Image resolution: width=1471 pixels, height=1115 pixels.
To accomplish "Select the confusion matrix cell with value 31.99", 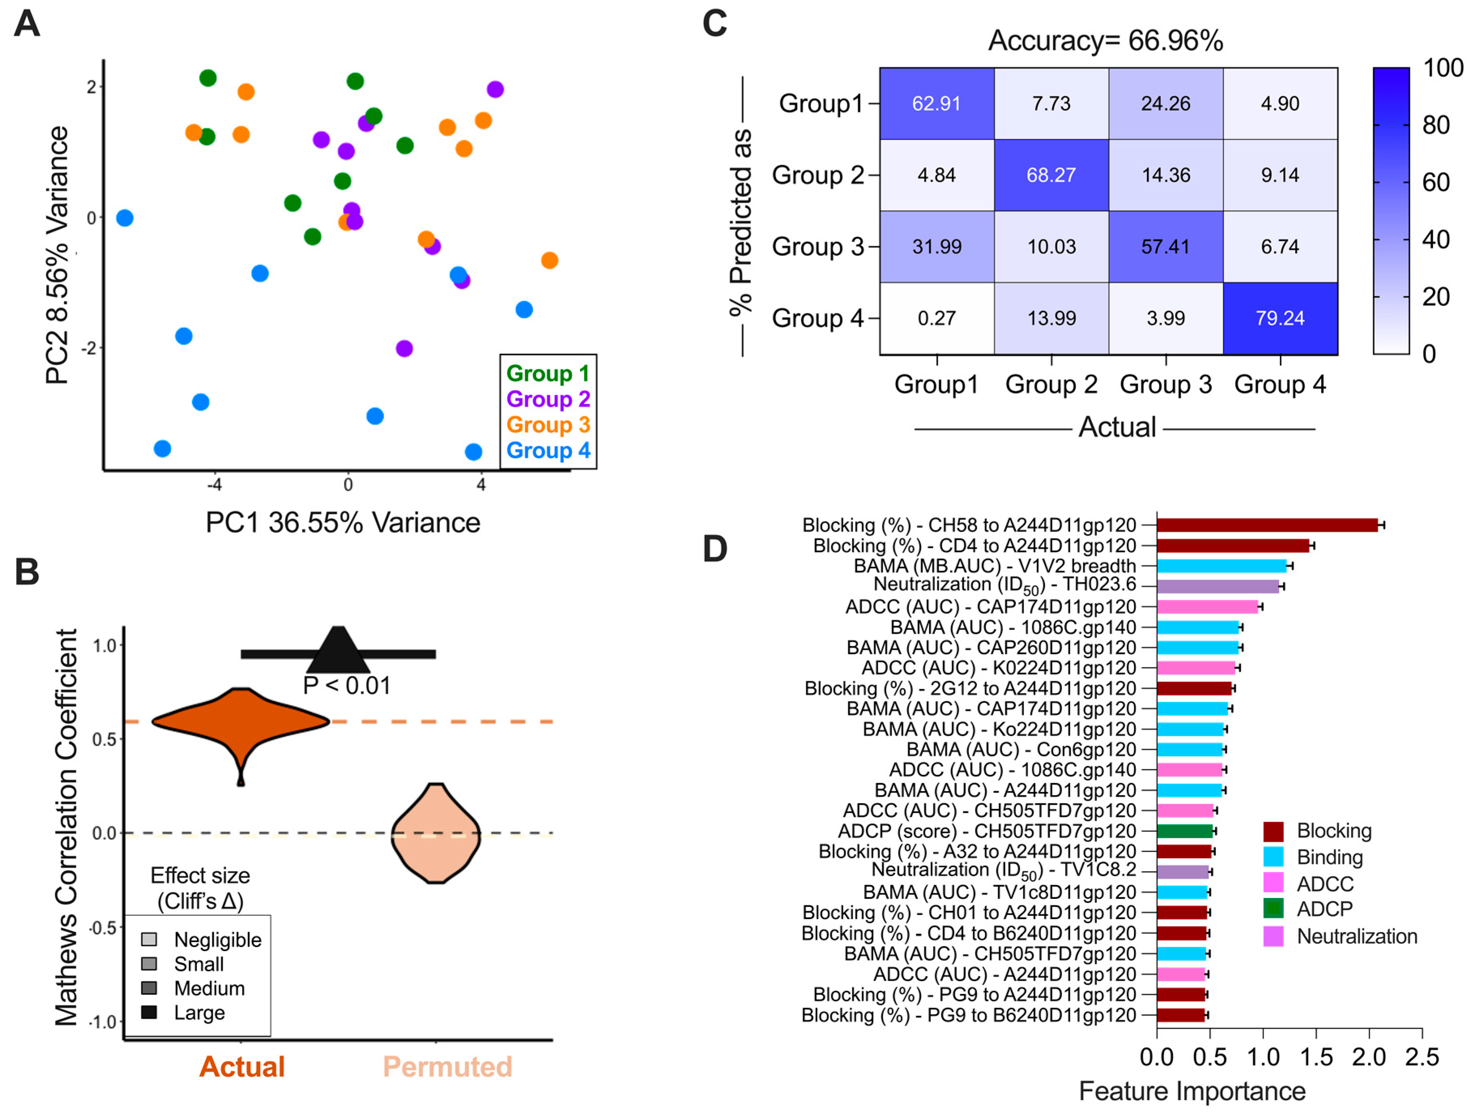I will click(x=937, y=247).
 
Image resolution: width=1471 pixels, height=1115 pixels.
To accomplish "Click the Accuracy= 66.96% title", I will click(x=1105, y=40).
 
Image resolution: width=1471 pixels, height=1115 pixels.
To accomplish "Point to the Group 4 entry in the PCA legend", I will click(x=548, y=450).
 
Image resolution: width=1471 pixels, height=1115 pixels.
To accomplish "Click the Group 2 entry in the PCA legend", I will click(x=548, y=399).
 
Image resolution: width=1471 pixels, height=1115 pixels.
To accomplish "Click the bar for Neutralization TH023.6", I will click(x=1218, y=586).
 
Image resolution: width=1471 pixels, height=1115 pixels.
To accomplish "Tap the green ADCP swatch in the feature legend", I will click(x=1273, y=908).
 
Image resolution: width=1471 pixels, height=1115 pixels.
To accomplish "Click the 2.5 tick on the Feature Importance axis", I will click(x=1422, y=1057).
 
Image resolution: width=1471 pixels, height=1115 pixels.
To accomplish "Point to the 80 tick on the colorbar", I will click(x=1436, y=125).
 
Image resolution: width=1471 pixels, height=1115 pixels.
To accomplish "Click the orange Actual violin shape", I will click(x=241, y=722).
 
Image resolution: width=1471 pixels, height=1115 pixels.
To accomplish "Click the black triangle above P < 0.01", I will click(x=338, y=651).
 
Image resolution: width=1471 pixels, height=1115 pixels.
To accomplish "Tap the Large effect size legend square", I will click(x=149, y=1012).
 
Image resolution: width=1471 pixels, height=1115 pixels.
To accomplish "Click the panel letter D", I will click(x=715, y=549).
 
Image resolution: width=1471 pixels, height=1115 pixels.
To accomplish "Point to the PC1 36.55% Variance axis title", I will click(x=343, y=523).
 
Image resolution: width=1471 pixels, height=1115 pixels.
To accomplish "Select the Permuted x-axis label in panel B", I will click(x=447, y=1066).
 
